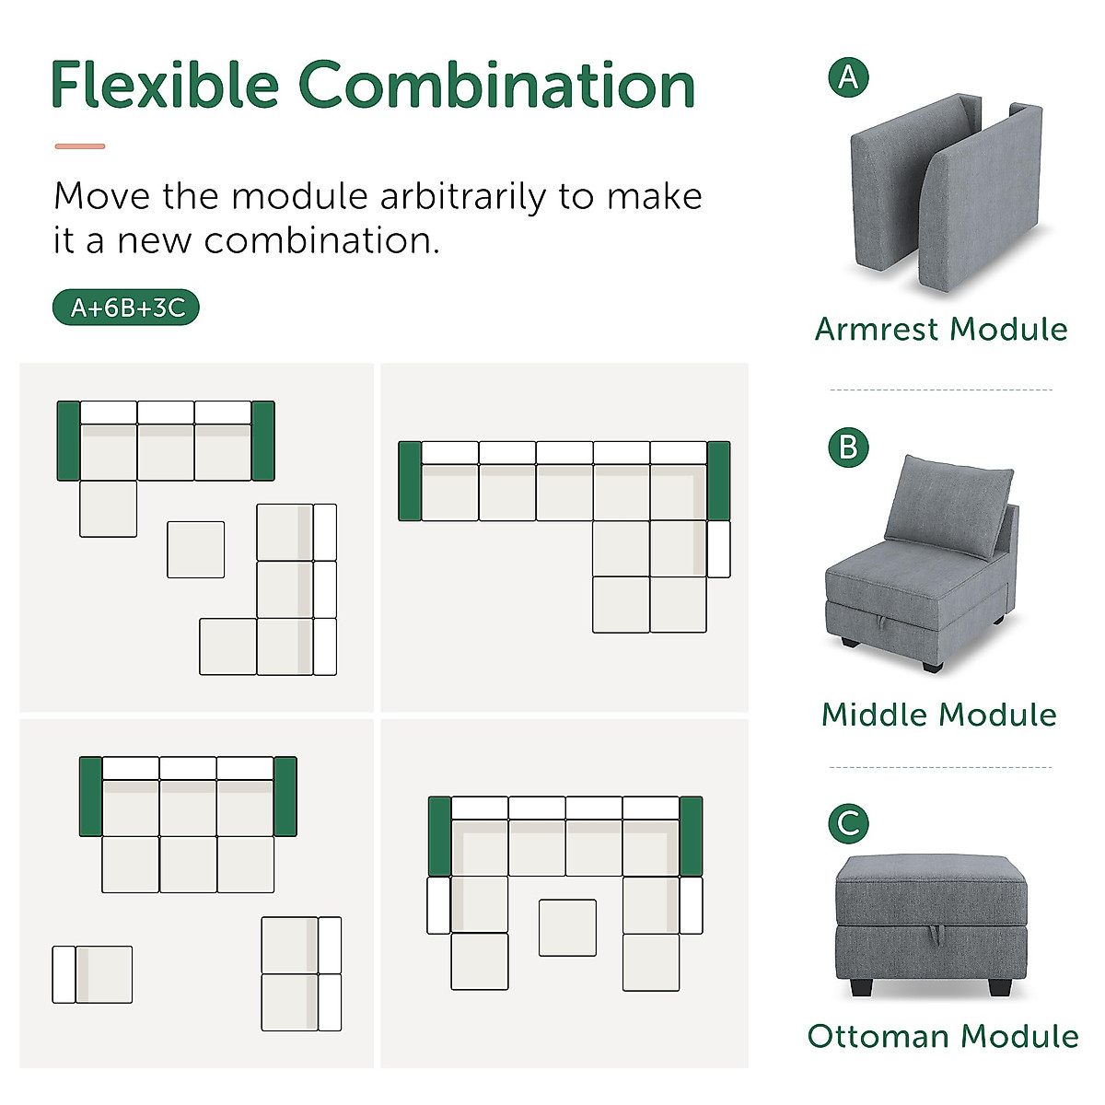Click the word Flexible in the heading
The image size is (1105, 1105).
tap(164, 85)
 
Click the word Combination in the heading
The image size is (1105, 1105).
tap(497, 85)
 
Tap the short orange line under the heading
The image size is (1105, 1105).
tap(80, 145)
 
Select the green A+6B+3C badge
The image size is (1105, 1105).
tap(126, 308)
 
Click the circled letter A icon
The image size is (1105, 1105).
tap(848, 77)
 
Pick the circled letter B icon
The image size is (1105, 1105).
tap(848, 448)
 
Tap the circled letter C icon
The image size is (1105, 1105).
tap(848, 822)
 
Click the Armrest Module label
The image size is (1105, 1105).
tap(941, 329)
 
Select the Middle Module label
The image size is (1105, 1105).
tap(939, 715)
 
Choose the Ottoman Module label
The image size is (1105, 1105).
tap(943, 1036)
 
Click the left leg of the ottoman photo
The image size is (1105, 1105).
tap(860, 988)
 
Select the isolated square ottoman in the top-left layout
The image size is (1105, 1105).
tap(195, 550)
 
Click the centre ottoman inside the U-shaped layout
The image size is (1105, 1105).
tap(567, 927)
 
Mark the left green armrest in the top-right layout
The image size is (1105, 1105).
tap(410, 481)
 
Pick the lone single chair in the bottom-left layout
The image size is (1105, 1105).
tap(92, 974)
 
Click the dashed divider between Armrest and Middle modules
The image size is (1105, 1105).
tap(940, 390)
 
